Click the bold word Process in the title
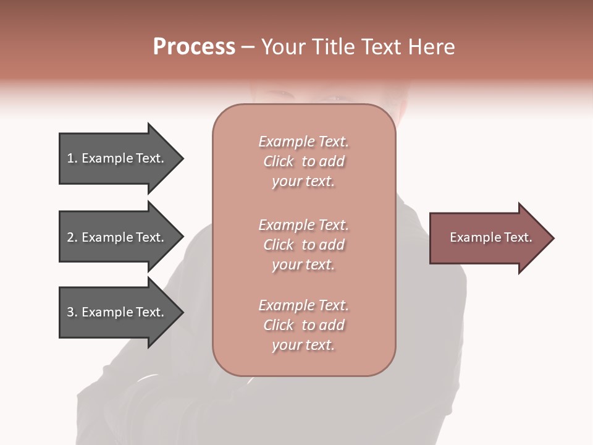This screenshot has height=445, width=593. pyautogui.click(x=194, y=47)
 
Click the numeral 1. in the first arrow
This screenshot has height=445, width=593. pyautogui.click(x=72, y=158)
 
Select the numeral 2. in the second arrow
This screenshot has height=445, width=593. pyautogui.click(x=72, y=237)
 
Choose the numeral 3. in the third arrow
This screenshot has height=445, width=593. pyautogui.click(x=72, y=312)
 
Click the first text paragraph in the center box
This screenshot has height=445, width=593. pyautogui.click(x=304, y=161)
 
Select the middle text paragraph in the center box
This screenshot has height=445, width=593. pyautogui.click(x=304, y=245)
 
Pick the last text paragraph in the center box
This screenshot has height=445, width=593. pyautogui.click(x=304, y=325)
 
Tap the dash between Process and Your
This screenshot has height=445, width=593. pyautogui.click(x=248, y=48)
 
